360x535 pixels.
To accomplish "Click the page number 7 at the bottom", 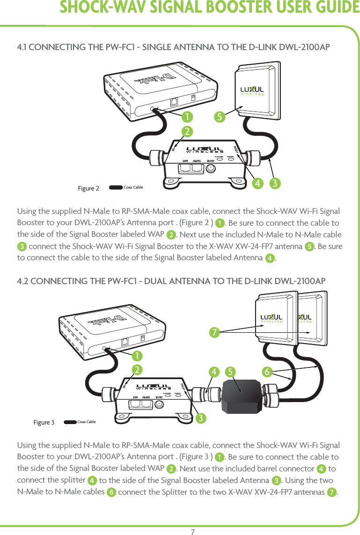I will (x=192, y=531).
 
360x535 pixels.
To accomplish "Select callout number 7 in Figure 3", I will (x=214, y=332).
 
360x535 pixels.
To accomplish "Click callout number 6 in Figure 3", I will (x=267, y=372).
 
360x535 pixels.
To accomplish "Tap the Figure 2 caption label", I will (x=88, y=189).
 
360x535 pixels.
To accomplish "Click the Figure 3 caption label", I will (x=44, y=423).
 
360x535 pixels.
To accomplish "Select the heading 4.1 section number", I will (x=22, y=47).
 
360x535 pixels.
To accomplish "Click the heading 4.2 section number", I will (x=22, y=281).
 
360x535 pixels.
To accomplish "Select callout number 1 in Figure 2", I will (x=187, y=116).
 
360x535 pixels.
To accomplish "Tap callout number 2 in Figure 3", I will (x=137, y=370).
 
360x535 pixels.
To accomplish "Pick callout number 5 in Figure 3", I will (x=229, y=372).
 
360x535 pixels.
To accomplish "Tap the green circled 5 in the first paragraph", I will (x=309, y=247).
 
